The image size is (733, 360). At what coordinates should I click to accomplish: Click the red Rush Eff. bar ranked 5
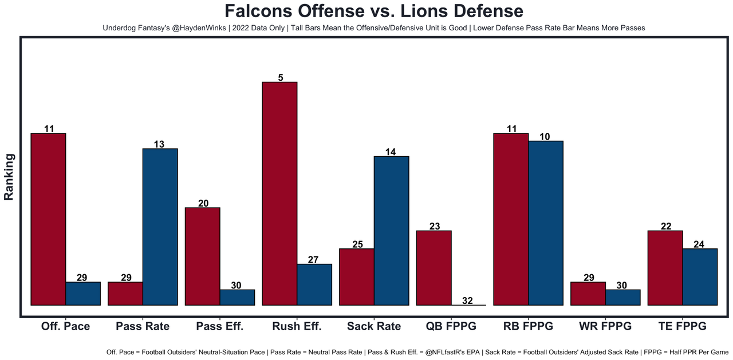(279, 193)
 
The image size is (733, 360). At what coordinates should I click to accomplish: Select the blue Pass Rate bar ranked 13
(160, 227)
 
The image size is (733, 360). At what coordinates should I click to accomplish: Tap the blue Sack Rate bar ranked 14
(391, 231)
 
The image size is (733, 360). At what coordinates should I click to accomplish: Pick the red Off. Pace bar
(48, 219)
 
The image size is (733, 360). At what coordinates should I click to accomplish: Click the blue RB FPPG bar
(545, 223)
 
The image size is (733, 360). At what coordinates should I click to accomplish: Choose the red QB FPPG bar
(434, 268)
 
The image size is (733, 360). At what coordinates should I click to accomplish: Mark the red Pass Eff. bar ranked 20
(203, 256)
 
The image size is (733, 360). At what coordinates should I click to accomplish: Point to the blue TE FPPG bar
(700, 276)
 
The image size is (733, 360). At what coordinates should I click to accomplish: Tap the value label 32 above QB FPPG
(467, 300)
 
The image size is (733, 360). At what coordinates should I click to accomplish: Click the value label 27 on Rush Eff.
(313, 260)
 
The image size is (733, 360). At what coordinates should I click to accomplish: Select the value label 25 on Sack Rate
(357, 244)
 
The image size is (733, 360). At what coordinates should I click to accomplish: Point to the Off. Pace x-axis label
(65, 326)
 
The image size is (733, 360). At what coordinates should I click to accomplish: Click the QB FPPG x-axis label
(451, 326)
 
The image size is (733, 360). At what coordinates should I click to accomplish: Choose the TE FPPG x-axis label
(682, 326)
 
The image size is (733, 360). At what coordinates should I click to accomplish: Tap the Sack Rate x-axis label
(374, 326)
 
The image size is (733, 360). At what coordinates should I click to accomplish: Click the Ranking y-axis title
(9, 176)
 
